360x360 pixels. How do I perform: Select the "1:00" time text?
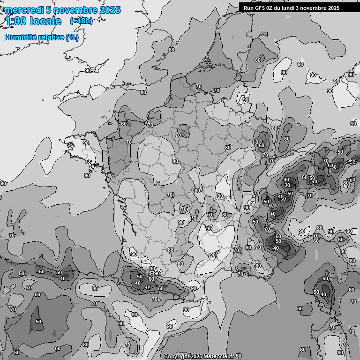click(16, 21)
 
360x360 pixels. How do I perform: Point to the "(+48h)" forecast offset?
click(81, 21)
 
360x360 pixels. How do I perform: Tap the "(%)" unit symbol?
click(72, 37)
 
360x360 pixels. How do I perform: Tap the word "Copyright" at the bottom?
click(176, 356)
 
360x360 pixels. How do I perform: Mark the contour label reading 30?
click(287, 185)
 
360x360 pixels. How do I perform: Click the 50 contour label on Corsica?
click(316, 292)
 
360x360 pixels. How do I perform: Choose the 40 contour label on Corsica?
click(323, 294)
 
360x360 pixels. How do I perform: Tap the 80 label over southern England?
click(143, 92)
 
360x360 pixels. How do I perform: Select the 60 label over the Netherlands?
click(258, 60)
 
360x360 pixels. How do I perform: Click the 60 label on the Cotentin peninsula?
click(123, 124)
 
